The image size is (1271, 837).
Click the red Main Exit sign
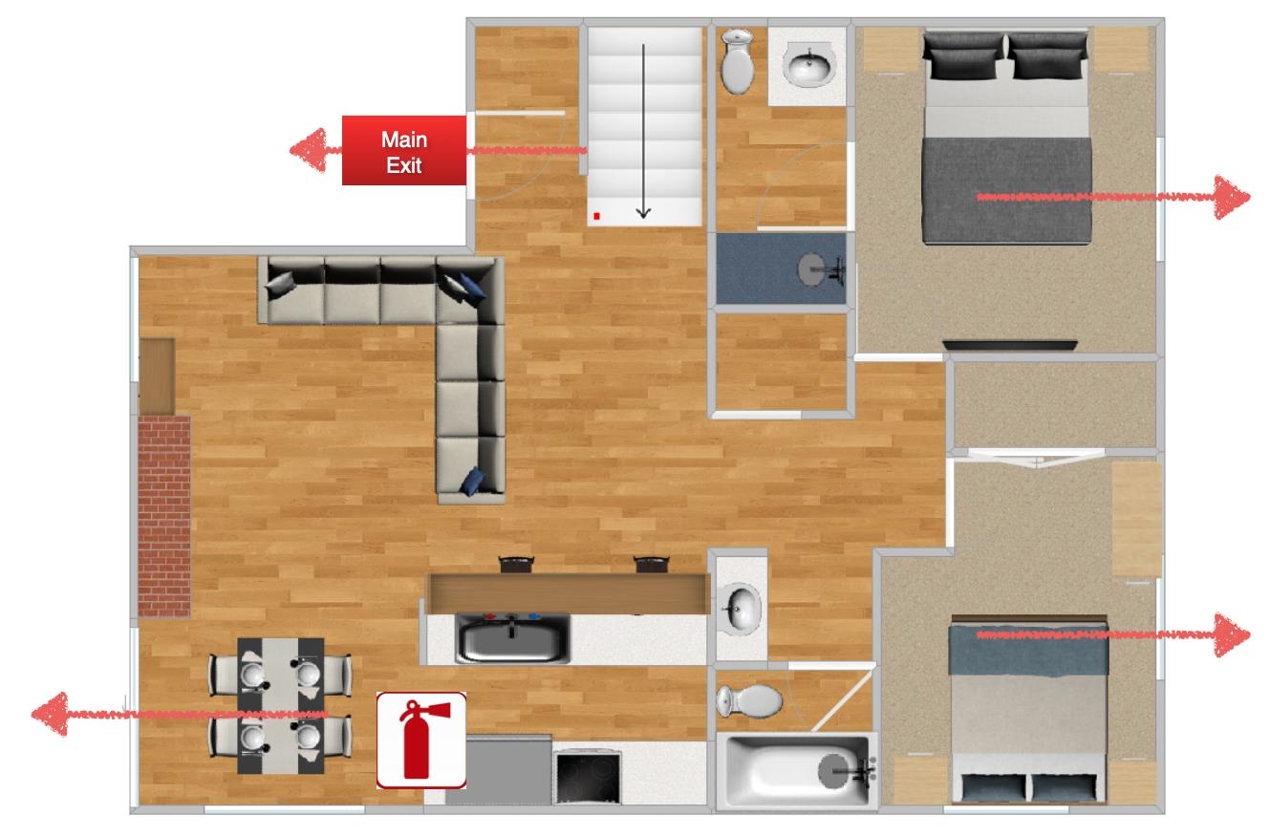(404, 150)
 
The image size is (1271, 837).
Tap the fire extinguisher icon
(421, 740)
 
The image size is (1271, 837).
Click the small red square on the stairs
(596, 216)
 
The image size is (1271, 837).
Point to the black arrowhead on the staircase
(643, 212)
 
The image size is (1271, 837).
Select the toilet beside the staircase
(737, 61)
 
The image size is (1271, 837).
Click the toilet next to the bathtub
(749, 700)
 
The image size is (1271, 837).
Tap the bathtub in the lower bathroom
(797, 771)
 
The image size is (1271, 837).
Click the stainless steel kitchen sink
(513, 638)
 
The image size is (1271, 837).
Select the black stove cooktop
(588, 778)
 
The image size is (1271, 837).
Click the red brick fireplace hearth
(164, 516)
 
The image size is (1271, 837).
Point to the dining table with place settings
(281, 705)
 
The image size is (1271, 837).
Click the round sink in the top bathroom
(809, 65)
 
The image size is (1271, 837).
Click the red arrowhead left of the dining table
(50, 714)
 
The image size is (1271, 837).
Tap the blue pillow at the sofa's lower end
(472, 481)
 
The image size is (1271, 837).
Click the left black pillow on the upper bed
(963, 55)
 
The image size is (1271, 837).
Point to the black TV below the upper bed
(1010, 345)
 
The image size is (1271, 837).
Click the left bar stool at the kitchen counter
(516, 565)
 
